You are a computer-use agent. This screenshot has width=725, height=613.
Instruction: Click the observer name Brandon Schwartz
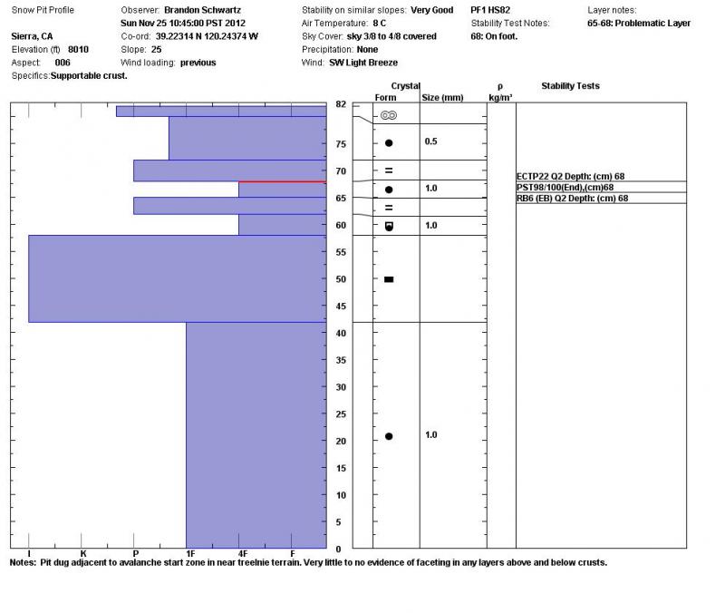[x=202, y=10]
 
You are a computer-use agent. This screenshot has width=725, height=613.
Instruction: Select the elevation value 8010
[x=78, y=49]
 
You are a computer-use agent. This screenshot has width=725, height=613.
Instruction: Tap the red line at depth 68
[x=282, y=181]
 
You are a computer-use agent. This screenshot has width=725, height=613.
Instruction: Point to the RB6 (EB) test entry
[x=572, y=198]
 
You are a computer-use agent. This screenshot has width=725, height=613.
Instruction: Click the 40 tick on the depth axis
[x=340, y=333]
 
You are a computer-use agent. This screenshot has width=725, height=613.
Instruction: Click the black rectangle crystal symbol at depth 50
[x=389, y=279]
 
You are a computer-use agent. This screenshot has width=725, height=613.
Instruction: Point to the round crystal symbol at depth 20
[x=389, y=436]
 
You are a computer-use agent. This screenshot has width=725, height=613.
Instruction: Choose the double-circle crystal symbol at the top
[x=389, y=116]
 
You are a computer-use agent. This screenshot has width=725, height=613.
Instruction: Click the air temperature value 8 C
[x=382, y=23]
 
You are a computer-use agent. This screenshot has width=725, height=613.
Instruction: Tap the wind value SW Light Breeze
[x=359, y=63]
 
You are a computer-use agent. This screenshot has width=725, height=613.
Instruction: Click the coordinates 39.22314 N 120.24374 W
[x=207, y=36]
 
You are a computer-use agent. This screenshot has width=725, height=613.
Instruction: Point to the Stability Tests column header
[x=570, y=86]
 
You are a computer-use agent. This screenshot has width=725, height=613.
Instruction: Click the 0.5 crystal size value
[x=431, y=142]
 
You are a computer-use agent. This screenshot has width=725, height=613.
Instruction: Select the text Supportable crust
[x=90, y=75]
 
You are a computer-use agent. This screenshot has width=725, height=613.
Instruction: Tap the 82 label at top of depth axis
[x=341, y=104]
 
